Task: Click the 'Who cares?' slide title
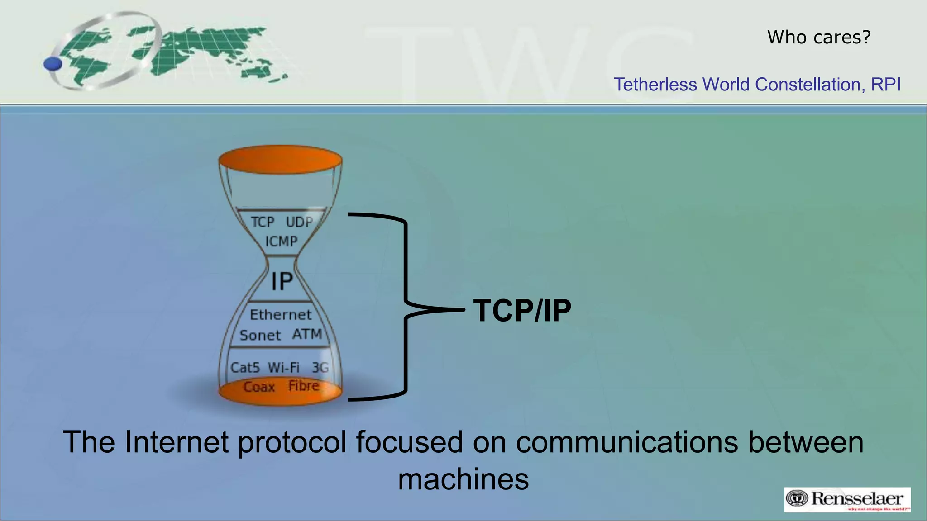[818, 37]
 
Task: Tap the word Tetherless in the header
[655, 85]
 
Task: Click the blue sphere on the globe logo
[53, 64]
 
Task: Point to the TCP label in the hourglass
[263, 222]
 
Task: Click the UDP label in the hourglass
[299, 222]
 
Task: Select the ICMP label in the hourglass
[281, 242]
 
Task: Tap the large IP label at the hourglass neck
[282, 281]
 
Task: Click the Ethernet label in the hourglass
[281, 315]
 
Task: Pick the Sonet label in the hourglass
[260, 336]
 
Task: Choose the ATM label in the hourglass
[307, 334]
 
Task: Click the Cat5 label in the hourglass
[245, 367]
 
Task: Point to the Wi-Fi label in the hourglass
[283, 367]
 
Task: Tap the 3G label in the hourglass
[320, 367]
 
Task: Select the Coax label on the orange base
[259, 387]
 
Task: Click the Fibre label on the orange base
[304, 386]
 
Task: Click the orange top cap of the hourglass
[280, 160]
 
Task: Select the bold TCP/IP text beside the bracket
[522, 311]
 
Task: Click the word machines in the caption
[463, 479]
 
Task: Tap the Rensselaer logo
[847, 499]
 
